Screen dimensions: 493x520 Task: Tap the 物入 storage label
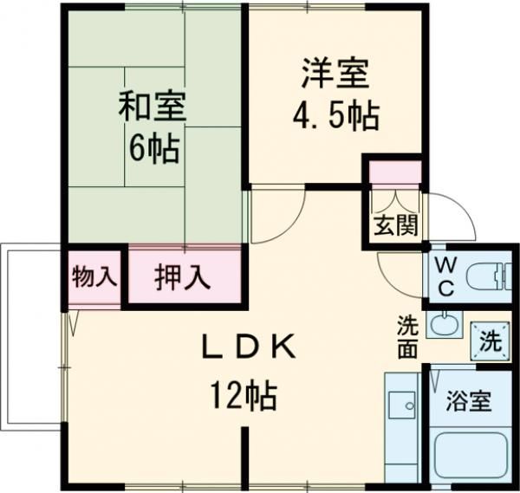(x=94, y=277)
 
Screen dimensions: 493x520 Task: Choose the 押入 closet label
(x=183, y=278)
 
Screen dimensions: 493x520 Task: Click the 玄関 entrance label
(x=396, y=227)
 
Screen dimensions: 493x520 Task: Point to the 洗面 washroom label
(x=407, y=337)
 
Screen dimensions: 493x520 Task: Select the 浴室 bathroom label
(x=469, y=401)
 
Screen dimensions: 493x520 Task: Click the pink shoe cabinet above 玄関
(x=396, y=172)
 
